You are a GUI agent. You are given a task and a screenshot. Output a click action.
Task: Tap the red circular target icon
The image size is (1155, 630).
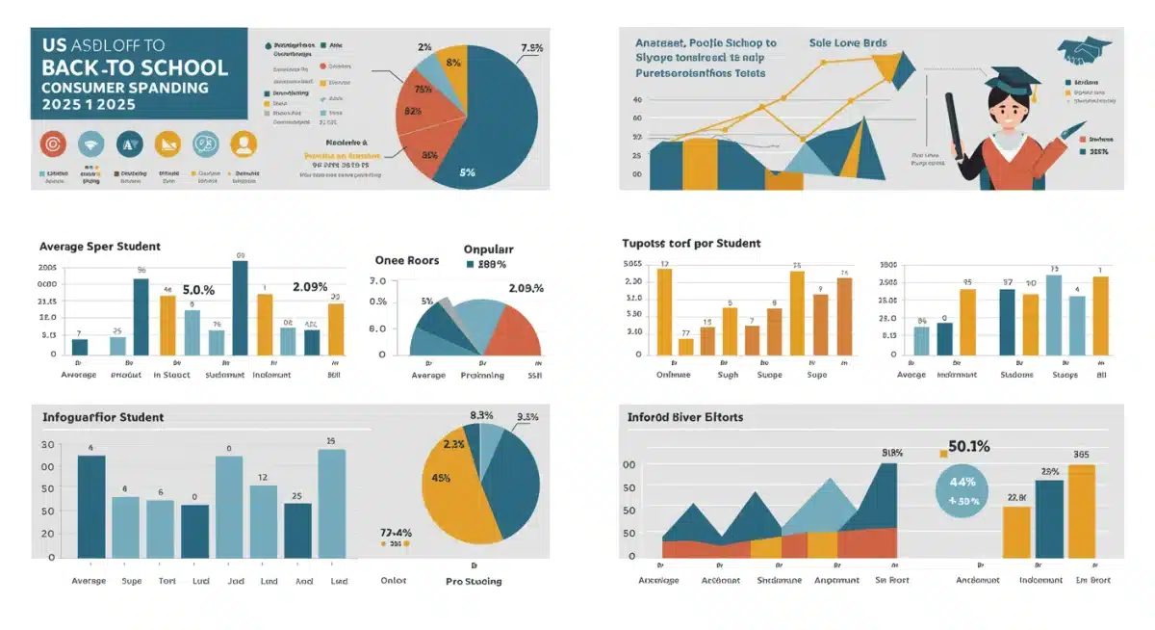click(52, 144)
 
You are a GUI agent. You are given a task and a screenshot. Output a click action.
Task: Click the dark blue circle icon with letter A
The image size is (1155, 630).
click(128, 144)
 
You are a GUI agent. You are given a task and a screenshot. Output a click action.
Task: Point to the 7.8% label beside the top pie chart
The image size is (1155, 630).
click(532, 48)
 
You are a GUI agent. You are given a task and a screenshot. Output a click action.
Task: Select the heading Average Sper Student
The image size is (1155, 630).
click(99, 247)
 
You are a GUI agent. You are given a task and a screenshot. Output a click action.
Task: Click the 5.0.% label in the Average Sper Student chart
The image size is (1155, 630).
click(198, 289)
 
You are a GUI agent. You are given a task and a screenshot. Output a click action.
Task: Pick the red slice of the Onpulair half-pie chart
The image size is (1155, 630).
click(515, 333)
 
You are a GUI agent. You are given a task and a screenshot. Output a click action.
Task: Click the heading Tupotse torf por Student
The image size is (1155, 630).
click(692, 244)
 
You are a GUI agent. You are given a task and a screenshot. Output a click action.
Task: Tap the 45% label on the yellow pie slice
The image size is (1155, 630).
click(441, 478)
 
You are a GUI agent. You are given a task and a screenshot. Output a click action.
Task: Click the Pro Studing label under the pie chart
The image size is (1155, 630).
click(474, 581)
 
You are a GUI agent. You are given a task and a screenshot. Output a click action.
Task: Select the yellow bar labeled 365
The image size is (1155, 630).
click(1081, 511)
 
